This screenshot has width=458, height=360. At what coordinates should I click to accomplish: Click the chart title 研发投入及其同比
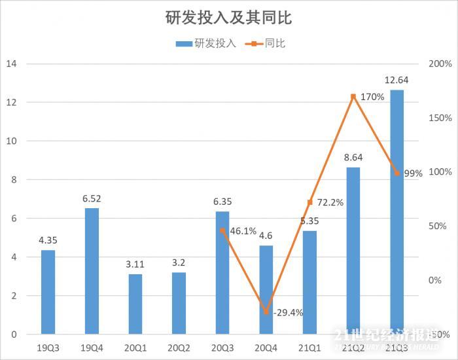pyautogui.click(x=228, y=18)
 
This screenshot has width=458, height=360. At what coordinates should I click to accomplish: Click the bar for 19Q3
pyautogui.click(x=48, y=292)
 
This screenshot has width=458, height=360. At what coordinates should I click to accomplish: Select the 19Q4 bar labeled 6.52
pyautogui.click(x=92, y=271)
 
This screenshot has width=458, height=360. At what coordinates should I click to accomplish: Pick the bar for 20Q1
pyautogui.click(x=135, y=304)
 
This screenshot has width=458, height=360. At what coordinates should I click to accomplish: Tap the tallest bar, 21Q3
pyautogui.click(x=397, y=212)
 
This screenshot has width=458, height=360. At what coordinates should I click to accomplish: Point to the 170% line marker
pyautogui.click(x=353, y=97)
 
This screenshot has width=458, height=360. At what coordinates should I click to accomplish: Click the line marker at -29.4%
pyautogui.click(x=266, y=312)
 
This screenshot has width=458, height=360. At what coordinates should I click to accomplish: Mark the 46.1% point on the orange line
pyautogui.click(x=222, y=230)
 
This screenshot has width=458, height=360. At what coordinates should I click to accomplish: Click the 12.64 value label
pyautogui.click(x=397, y=81)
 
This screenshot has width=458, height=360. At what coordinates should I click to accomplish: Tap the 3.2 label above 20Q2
pyautogui.click(x=179, y=263)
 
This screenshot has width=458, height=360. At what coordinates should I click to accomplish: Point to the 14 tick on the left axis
pyautogui.click(x=11, y=64)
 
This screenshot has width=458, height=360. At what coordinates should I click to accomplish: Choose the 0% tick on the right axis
pyautogui.click(x=434, y=280)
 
